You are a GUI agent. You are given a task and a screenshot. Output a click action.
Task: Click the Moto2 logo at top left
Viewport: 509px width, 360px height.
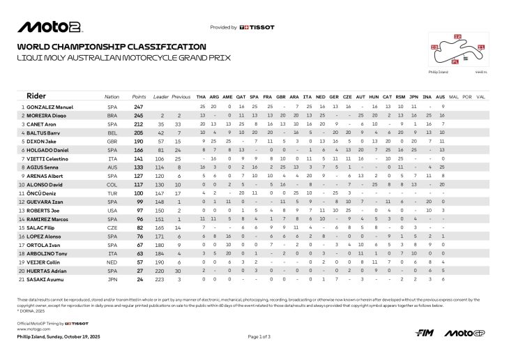coord(50,27)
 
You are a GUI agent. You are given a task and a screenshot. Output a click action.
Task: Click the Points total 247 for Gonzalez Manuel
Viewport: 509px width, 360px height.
coord(139,106)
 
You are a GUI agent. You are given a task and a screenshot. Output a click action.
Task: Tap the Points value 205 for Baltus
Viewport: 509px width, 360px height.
coord(139,132)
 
